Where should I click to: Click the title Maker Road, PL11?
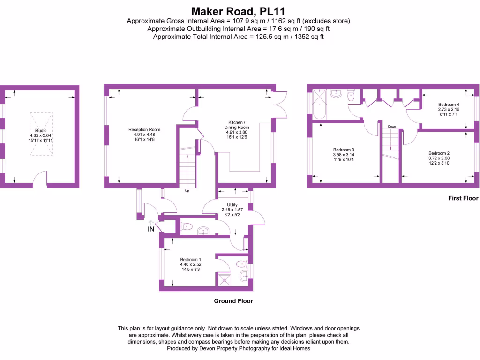(x=239, y=10)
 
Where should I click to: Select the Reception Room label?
(x=144, y=129)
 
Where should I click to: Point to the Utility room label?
(x=232, y=205)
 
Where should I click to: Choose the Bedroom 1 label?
(x=191, y=259)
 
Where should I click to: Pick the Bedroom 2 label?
(x=439, y=153)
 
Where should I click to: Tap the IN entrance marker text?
(x=151, y=229)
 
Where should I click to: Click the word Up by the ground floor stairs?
(x=187, y=191)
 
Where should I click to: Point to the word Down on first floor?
(x=392, y=127)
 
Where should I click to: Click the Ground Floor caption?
(x=233, y=301)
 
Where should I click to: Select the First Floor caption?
(x=463, y=198)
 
